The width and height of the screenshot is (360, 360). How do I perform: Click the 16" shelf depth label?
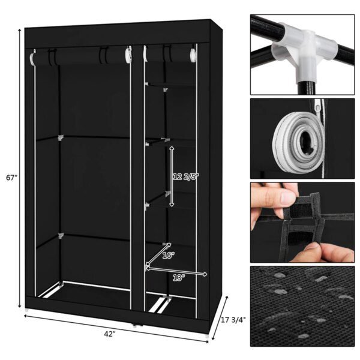[x=168, y=256]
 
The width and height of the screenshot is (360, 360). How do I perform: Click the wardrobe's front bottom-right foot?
[x=208, y=335]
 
